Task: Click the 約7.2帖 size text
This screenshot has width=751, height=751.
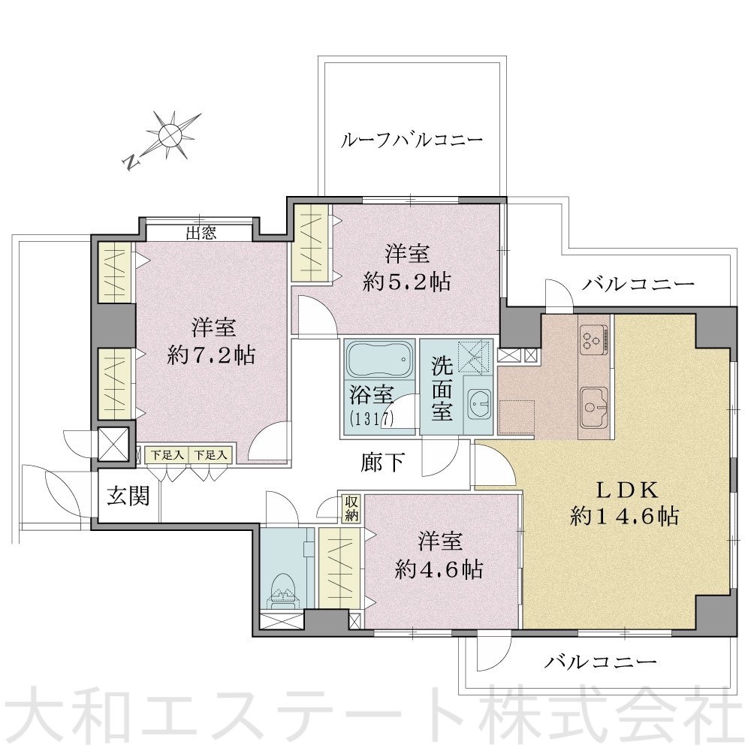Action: coord(211,355)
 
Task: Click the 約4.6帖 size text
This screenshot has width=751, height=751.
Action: coord(439,569)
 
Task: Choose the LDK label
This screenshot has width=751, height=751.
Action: coord(627,490)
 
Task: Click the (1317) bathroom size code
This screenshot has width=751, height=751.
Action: coord(371,419)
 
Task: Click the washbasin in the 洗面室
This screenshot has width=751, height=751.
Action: coord(478,408)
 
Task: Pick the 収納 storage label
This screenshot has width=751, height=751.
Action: coord(351,508)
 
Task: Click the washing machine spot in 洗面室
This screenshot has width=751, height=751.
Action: coord(474,356)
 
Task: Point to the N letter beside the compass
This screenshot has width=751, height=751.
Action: coord(131,162)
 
